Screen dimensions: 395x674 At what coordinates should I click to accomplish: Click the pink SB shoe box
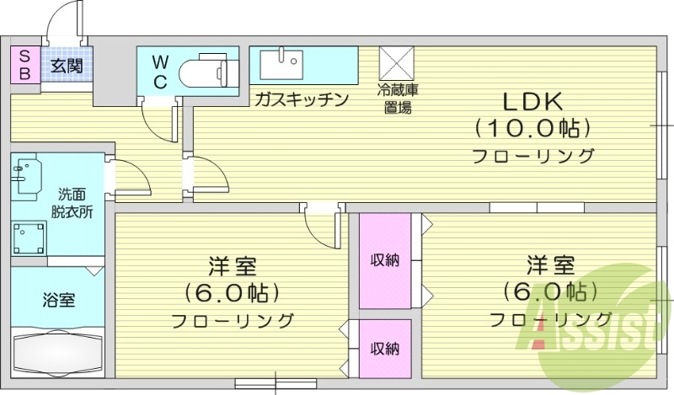click(24, 65)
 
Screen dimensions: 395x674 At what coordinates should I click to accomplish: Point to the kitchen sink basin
click(281, 64)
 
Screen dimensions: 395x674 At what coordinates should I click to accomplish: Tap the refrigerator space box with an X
click(396, 63)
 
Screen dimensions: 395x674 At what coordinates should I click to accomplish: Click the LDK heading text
click(532, 102)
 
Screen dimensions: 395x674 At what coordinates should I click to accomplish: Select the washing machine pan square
click(30, 238)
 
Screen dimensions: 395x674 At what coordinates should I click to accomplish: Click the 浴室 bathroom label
click(58, 299)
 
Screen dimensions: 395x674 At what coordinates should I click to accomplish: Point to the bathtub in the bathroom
click(57, 348)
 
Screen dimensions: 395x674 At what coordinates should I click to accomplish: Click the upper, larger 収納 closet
click(385, 260)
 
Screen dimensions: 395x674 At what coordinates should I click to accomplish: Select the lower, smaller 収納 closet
click(385, 348)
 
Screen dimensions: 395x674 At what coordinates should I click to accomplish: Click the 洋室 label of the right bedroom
click(551, 264)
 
